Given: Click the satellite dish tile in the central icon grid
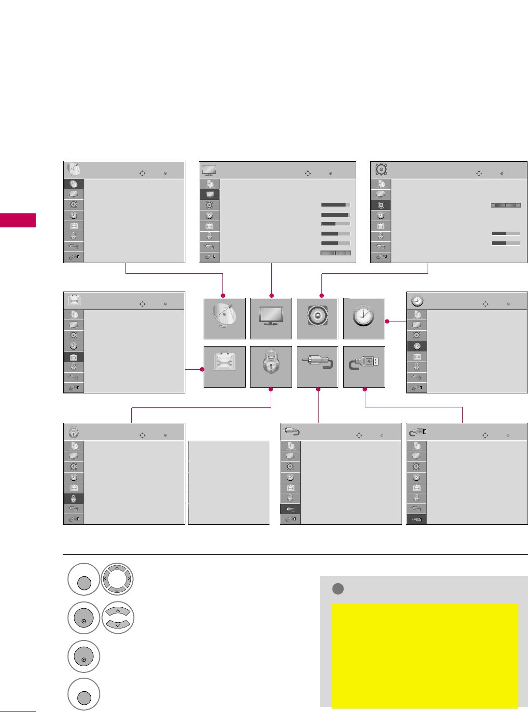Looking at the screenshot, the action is tap(224, 319).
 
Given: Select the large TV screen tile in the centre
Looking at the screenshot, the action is tap(271, 319).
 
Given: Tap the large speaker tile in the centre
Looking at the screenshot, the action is tap(317, 319).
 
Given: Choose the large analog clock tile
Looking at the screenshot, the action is tap(364, 319).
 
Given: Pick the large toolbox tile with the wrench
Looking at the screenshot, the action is tap(224, 367).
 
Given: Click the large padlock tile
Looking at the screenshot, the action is tap(271, 367).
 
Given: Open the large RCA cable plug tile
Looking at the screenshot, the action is tap(317, 367).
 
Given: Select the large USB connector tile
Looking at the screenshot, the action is tap(364, 367).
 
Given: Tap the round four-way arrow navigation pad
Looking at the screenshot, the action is tap(117, 579).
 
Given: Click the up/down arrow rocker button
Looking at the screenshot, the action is tap(117, 618).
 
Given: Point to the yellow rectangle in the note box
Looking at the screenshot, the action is tap(425, 655).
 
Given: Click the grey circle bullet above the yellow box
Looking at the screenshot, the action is tap(338, 589).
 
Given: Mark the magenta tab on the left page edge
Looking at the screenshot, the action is tap(18, 220).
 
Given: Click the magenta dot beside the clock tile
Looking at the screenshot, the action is tap(387, 321).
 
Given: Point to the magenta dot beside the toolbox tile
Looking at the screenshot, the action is tap(203, 370).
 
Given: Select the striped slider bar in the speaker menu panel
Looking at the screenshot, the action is tap(506, 205).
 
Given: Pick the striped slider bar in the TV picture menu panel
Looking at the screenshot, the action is tap(336, 253).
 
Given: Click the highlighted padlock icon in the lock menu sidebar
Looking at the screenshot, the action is tap(74, 499).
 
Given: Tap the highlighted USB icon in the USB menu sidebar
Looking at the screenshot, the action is tap(417, 519).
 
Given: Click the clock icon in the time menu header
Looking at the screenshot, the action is tap(417, 301).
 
